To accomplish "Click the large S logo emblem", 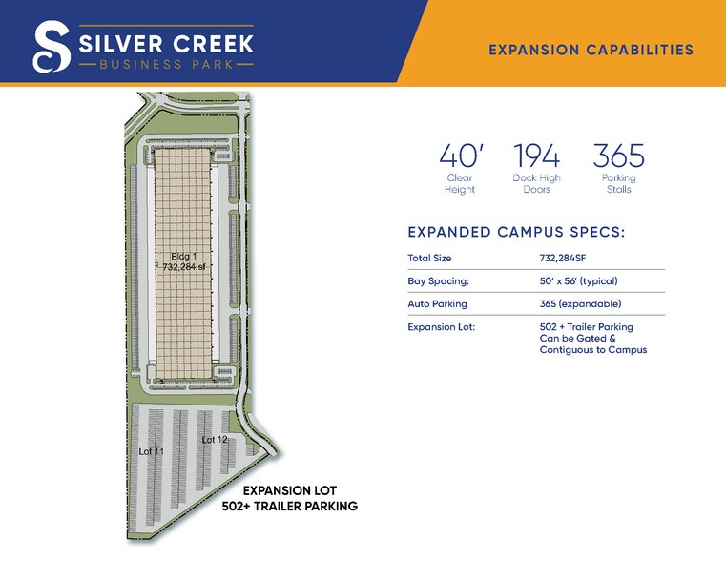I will click(51, 47).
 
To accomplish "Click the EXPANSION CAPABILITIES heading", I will click(591, 50).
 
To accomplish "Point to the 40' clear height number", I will click(459, 156).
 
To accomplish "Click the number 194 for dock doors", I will click(536, 156).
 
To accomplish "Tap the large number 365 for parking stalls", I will click(618, 156).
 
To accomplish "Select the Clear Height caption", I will click(460, 183).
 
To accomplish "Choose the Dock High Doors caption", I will click(536, 183).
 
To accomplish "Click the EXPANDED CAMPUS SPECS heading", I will click(516, 232).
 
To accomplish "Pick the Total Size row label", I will click(429, 258).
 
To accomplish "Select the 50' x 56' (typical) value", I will click(579, 281).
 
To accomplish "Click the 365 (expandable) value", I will click(579, 304).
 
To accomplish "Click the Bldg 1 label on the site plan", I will click(183, 256).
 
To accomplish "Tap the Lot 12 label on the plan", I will click(215, 440).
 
